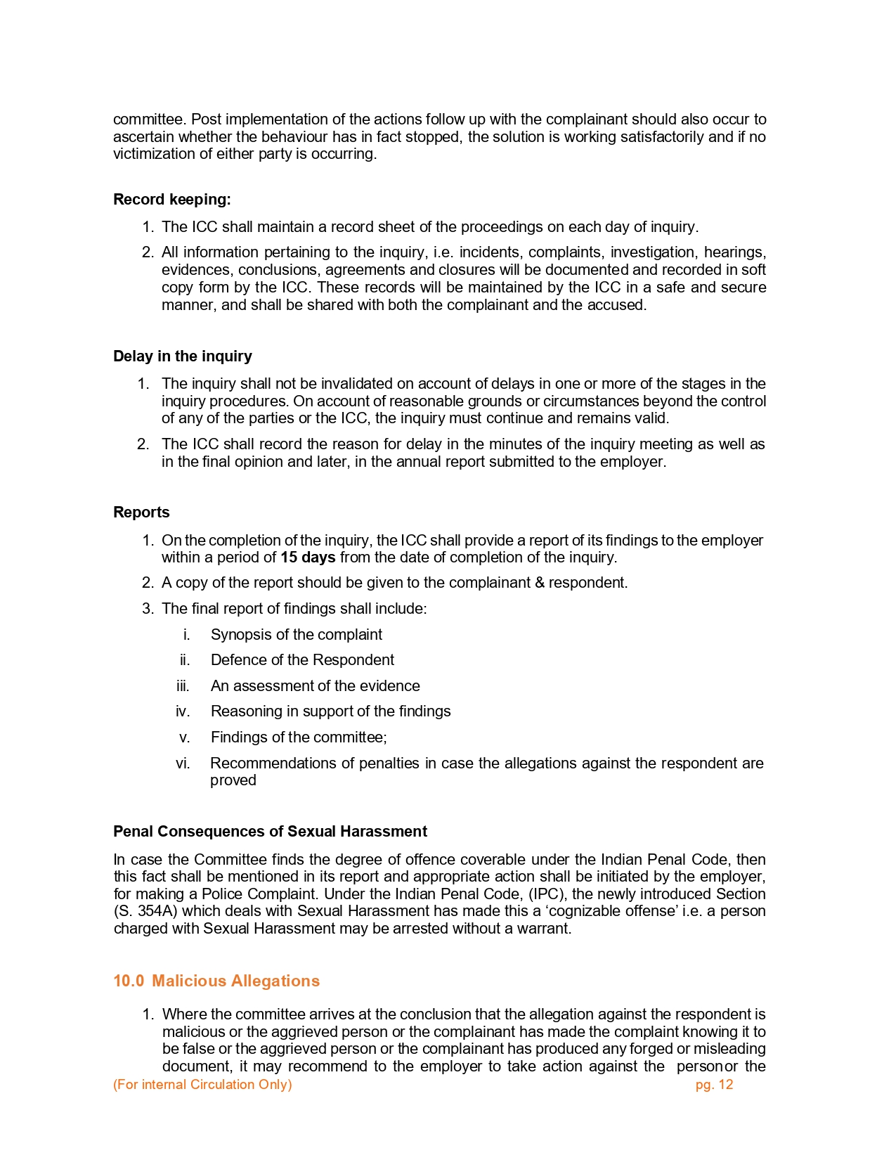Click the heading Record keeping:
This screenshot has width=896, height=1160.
click(x=172, y=200)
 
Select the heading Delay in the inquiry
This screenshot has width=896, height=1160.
click(x=183, y=356)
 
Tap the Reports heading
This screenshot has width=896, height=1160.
click(x=141, y=513)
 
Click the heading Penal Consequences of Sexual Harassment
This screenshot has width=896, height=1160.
click(x=270, y=832)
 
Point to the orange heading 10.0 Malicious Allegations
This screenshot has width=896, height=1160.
click(x=216, y=981)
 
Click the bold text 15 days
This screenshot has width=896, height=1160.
click(x=308, y=558)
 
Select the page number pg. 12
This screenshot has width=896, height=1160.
click(x=714, y=1085)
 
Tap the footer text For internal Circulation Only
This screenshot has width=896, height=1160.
click(x=202, y=1085)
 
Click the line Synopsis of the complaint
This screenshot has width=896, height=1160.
click(x=296, y=635)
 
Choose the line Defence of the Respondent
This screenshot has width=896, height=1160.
click(x=302, y=660)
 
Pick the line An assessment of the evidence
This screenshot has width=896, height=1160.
click(x=315, y=686)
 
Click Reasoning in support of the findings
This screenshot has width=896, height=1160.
click(x=330, y=711)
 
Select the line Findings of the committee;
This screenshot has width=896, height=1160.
click(x=299, y=737)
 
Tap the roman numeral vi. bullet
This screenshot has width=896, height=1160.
click(x=183, y=763)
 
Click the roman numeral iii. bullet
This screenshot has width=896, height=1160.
click(x=183, y=686)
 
